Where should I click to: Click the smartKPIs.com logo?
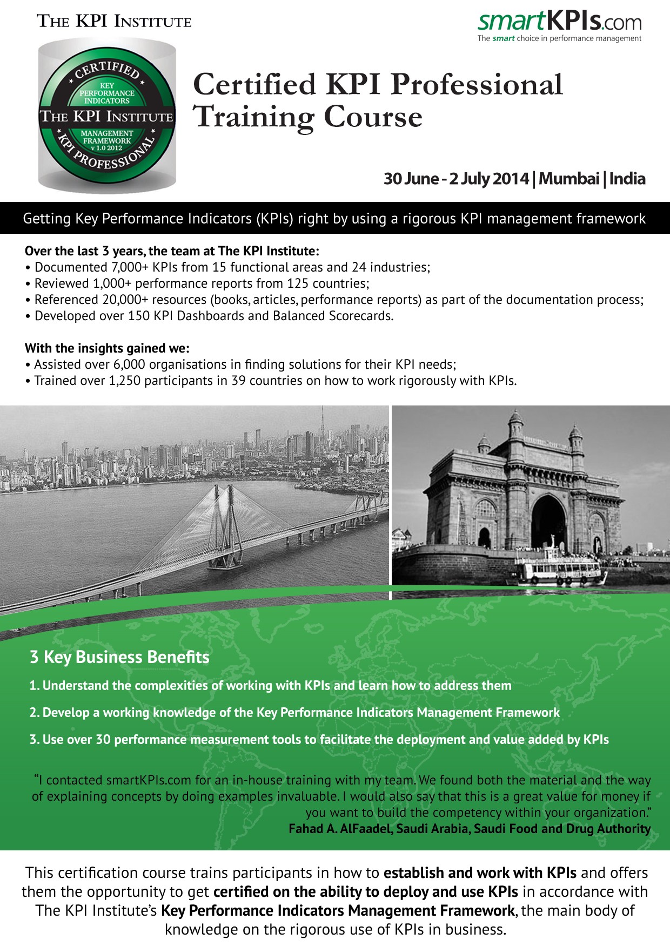[559, 22]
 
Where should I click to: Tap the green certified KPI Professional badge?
[107, 116]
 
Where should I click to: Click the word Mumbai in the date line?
[569, 179]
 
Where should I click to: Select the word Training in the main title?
[253, 117]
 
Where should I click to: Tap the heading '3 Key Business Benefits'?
[119, 657]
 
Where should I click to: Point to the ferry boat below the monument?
[557, 570]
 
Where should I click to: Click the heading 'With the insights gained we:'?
[107, 348]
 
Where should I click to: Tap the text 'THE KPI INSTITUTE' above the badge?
[114, 22]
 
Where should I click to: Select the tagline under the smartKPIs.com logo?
[559, 38]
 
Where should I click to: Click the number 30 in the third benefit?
[103, 740]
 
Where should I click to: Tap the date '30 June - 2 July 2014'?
[456, 179]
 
